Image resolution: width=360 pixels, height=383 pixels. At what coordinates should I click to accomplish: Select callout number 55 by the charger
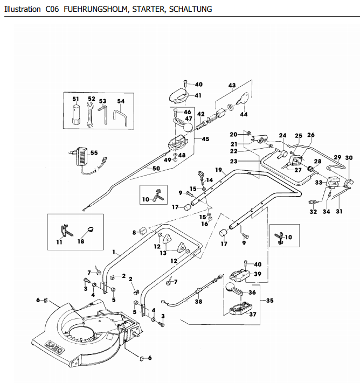pyautogui.click(x=94, y=152)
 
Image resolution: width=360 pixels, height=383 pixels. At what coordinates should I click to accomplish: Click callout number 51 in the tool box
pyautogui.click(x=76, y=99)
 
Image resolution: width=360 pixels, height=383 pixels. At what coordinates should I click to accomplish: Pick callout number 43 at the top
pyautogui.click(x=232, y=86)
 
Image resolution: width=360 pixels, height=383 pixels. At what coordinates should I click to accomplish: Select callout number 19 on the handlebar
pyautogui.click(x=219, y=170)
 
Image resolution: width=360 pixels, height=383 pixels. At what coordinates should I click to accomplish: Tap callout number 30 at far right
pyautogui.click(x=348, y=157)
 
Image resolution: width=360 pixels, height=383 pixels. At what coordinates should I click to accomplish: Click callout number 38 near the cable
pyautogui.click(x=198, y=303)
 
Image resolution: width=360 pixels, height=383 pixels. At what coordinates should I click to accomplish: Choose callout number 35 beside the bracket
pyautogui.click(x=269, y=300)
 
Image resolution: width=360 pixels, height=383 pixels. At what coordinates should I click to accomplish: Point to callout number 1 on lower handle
pyautogui.click(x=114, y=252)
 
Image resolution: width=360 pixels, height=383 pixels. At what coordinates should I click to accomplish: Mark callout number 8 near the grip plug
pyautogui.click(x=134, y=233)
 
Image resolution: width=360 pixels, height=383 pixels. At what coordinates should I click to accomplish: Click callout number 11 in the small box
pyautogui.click(x=59, y=242)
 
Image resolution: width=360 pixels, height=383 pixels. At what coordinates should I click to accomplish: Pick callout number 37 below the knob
pyautogui.click(x=252, y=314)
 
